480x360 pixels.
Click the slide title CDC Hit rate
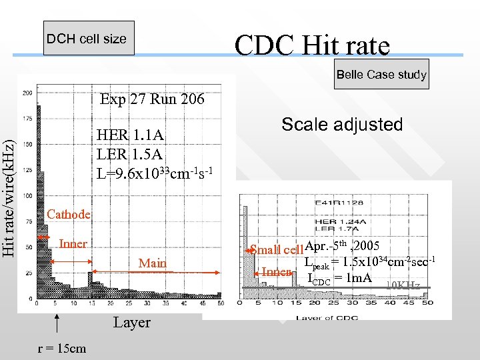(x=311, y=45)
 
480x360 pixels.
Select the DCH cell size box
(x=86, y=39)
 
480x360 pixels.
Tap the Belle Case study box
(x=381, y=75)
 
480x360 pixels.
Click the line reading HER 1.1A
(x=130, y=135)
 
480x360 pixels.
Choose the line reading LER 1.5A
(x=129, y=154)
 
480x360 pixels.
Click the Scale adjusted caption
(x=342, y=125)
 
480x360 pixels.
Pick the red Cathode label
(x=69, y=214)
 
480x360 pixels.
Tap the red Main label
(x=152, y=263)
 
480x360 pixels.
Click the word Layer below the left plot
(x=132, y=323)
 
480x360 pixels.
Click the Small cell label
(x=277, y=250)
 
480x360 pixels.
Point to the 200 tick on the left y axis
(x=27, y=93)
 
